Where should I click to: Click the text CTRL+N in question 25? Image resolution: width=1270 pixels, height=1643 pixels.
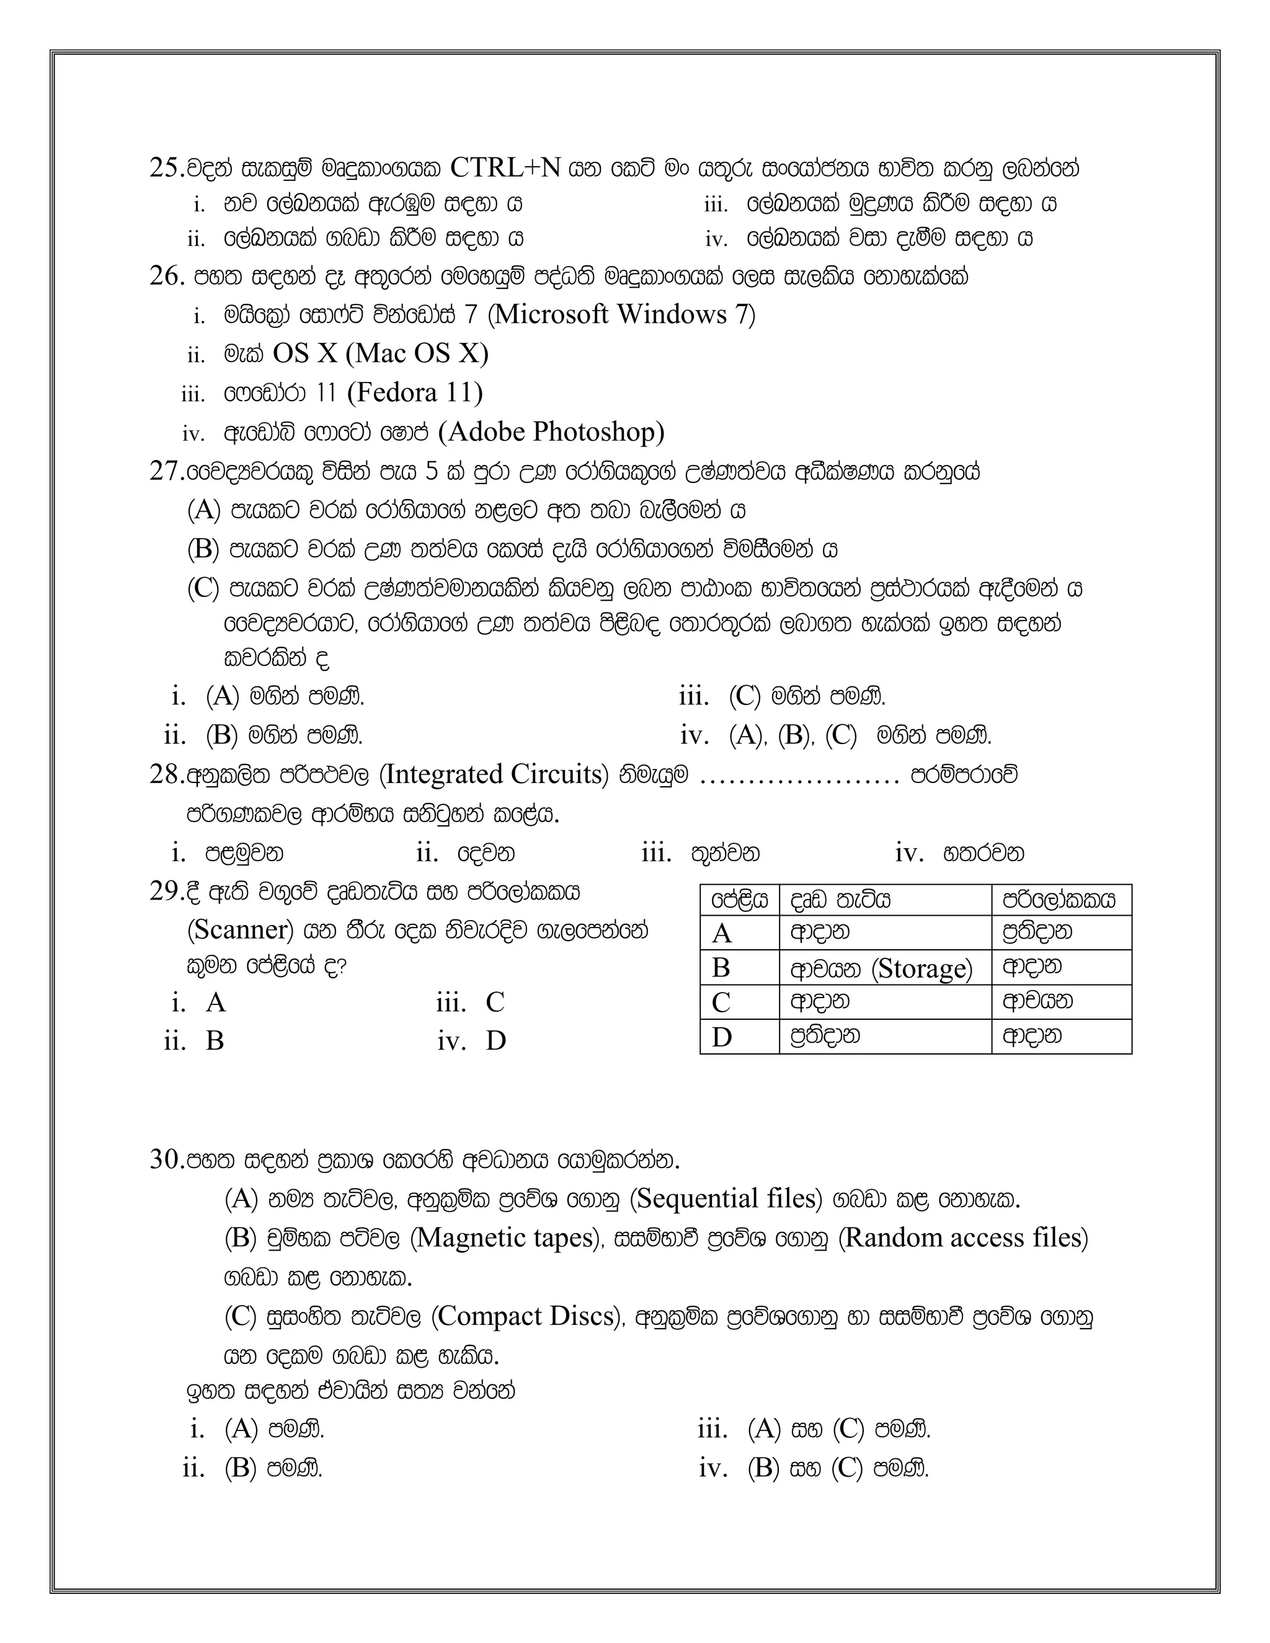pos(505,168)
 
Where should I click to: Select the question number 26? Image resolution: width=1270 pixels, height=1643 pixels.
pos(166,276)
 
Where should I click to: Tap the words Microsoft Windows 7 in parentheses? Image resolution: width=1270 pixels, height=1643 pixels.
pos(621,314)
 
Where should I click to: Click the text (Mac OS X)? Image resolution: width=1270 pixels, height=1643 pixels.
pos(417,353)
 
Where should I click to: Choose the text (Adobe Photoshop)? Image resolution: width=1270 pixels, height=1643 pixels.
pos(551,432)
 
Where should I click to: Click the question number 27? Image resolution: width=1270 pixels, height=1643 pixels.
pos(166,472)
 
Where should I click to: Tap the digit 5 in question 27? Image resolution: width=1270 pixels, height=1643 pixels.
pos(431,472)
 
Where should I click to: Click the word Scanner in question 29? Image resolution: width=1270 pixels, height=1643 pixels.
pos(240,930)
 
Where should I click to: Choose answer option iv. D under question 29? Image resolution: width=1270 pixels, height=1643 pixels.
pos(473,1041)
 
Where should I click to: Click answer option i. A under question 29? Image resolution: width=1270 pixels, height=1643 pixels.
pos(200,1003)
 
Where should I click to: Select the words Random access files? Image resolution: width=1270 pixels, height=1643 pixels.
pos(962,1238)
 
